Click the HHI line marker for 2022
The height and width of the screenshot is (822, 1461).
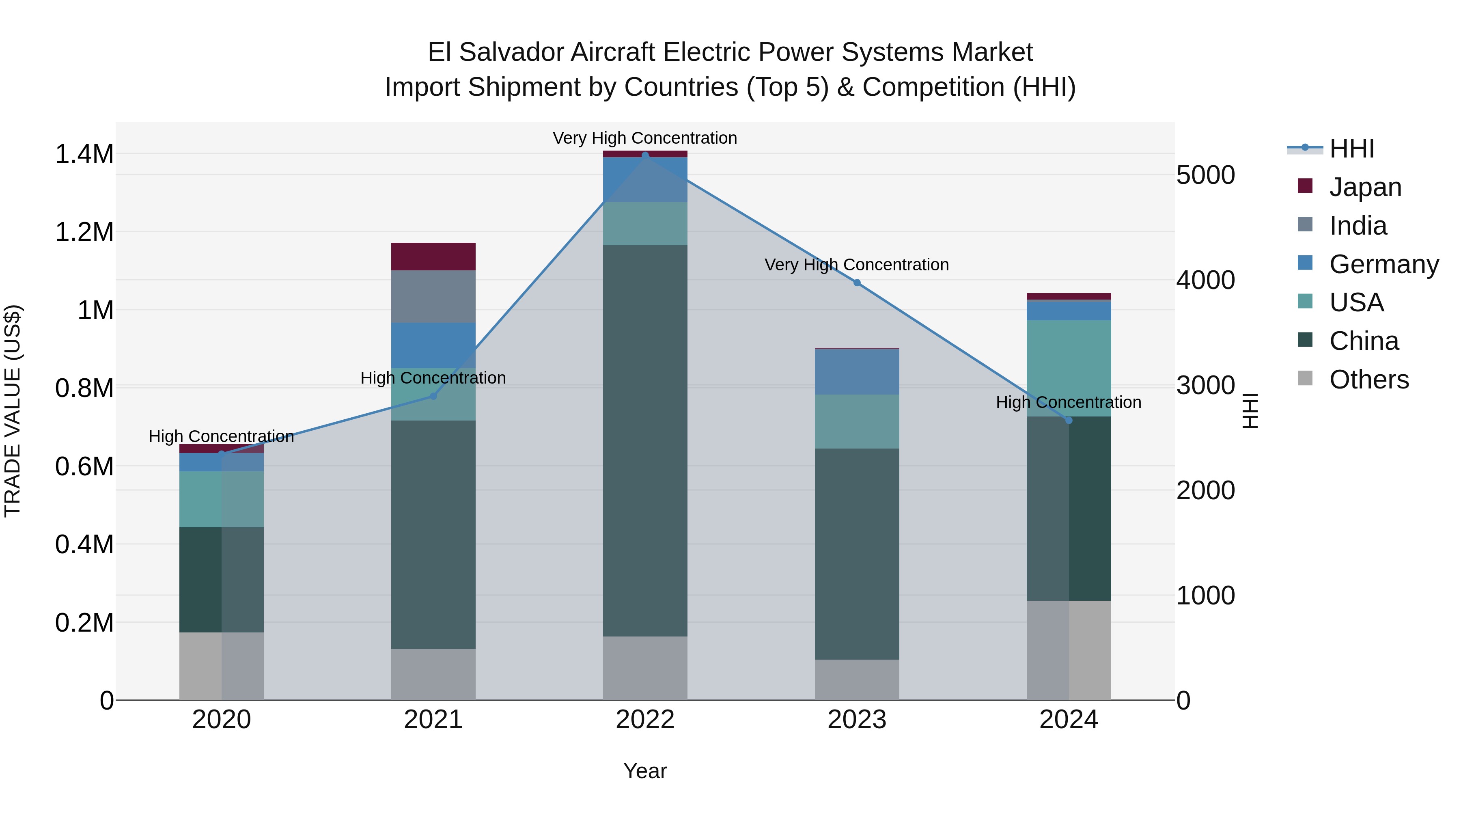point(645,155)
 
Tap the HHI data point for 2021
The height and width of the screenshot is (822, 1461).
point(433,396)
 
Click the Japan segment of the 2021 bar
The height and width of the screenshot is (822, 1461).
point(433,257)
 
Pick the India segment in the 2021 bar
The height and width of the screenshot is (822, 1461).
point(433,296)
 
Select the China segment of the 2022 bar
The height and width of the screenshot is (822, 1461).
point(645,440)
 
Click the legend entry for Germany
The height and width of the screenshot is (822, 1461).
point(1383,264)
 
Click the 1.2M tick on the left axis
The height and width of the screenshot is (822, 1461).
point(84,232)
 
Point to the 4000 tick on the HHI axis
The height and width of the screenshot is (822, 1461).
point(1205,280)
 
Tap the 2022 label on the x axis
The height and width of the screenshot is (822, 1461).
point(645,720)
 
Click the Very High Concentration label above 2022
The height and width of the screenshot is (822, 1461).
point(645,138)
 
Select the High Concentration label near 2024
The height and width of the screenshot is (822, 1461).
point(1069,402)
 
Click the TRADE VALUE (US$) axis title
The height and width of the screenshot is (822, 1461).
point(13,411)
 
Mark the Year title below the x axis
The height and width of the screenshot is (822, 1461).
point(645,771)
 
